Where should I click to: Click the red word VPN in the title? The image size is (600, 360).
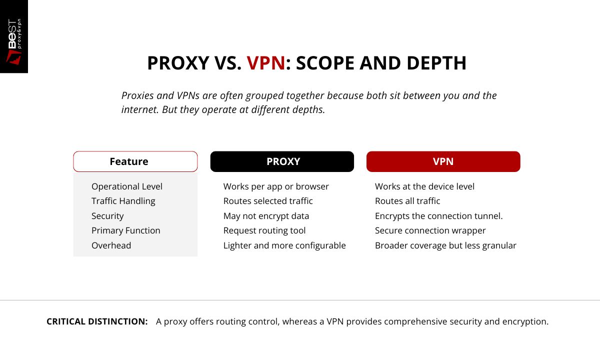pyautogui.click(x=266, y=63)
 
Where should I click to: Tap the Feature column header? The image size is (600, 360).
pyautogui.click(x=129, y=161)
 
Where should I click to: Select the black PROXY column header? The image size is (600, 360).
pyautogui.click(x=282, y=161)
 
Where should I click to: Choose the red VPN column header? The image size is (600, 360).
pyautogui.click(x=443, y=161)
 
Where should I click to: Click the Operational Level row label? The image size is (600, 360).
pyautogui.click(x=127, y=186)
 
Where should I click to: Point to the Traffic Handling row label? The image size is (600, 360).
pyautogui.click(x=123, y=201)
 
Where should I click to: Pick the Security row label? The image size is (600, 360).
pyautogui.click(x=107, y=216)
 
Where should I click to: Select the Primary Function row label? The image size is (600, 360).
pyautogui.click(x=126, y=230)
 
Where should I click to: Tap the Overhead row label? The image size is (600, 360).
pyautogui.click(x=111, y=245)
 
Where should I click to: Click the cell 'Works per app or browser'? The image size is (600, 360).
pyautogui.click(x=276, y=186)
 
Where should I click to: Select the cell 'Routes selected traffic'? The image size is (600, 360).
pyautogui.click(x=268, y=201)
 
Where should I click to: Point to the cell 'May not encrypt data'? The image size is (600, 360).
pyautogui.click(x=266, y=216)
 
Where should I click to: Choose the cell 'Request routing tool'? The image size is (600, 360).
pyautogui.click(x=264, y=230)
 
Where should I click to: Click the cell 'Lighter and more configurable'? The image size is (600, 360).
pyautogui.click(x=284, y=245)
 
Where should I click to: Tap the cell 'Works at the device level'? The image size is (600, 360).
pyautogui.click(x=424, y=186)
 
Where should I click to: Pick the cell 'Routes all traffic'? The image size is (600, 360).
pyautogui.click(x=407, y=201)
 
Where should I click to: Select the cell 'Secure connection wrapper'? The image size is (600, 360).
pyautogui.click(x=430, y=230)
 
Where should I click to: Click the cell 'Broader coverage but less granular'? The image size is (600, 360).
pyautogui.click(x=445, y=245)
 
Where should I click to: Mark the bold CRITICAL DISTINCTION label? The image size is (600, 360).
pyautogui.click(x=97, y=321)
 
